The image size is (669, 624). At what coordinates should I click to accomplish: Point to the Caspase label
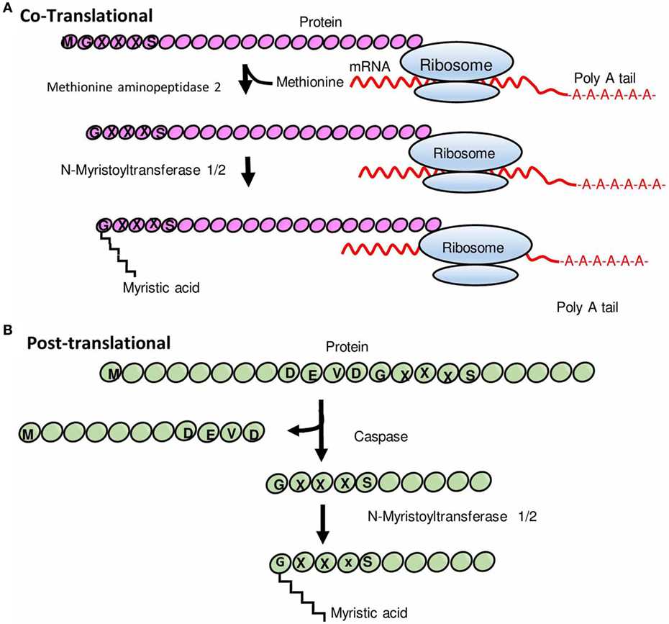(x=373, y=436)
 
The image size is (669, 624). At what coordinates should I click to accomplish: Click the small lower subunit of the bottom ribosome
(x=475, y=276)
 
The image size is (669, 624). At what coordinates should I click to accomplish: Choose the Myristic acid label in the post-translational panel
(x=368, y=613)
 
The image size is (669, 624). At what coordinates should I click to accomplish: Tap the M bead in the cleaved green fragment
(x=29, y=433)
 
